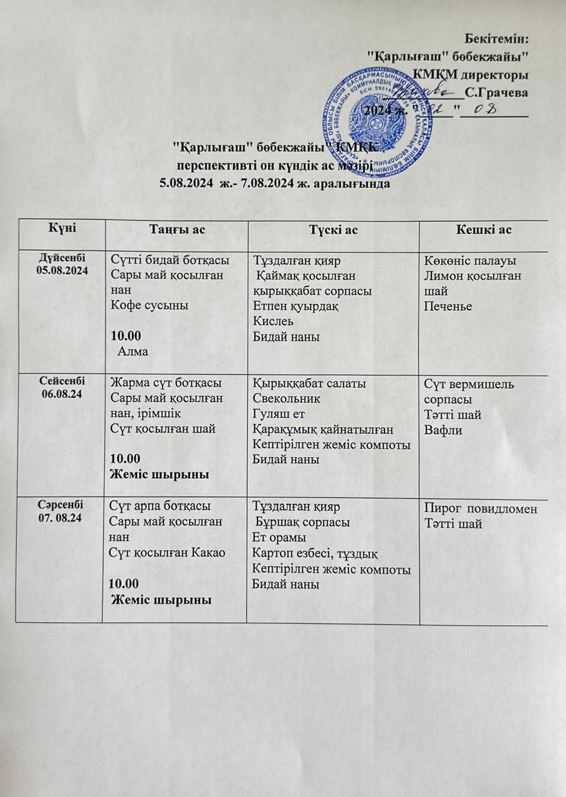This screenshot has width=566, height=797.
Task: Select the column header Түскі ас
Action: click(x=333, y=230)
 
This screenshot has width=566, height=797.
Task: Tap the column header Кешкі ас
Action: click(x=484, y=230)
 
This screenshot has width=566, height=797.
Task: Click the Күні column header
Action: click(x=60, y=229)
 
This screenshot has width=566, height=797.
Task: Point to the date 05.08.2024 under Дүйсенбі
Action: click(x=60, y=270)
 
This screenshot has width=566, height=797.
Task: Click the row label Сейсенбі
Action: click(x=60, y=380)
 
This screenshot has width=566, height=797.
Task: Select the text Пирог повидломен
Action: click(x=480, y=509)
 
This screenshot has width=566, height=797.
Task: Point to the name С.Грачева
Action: click(x=497, y=93)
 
